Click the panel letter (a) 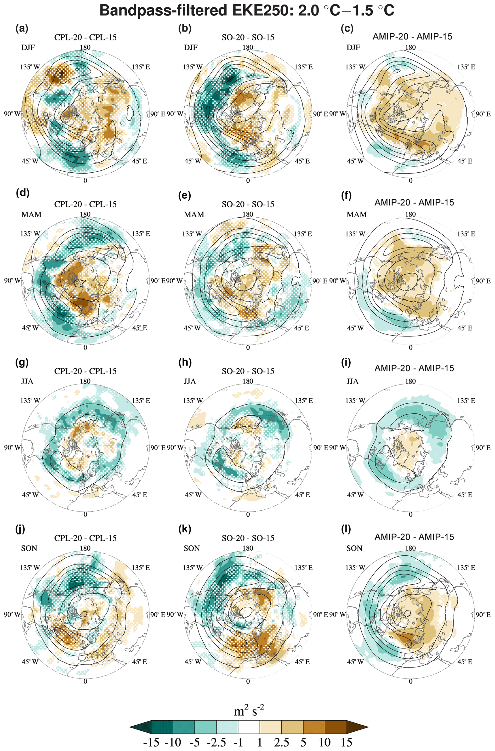click(22, 29)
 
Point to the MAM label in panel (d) click(31, 214)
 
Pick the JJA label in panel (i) click(352, 381)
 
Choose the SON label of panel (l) click(354, 548)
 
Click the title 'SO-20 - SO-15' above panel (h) click(248, 371)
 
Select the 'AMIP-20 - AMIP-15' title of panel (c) click(412, 37)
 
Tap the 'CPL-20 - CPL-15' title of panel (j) click(85, 538)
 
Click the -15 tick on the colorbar click(151, 742)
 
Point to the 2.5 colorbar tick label click(281, 742)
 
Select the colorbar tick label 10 click(324, 742)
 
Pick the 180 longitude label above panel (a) click(85, 47)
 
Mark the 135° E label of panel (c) click(466, 67)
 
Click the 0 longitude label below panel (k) click(248, 681)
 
